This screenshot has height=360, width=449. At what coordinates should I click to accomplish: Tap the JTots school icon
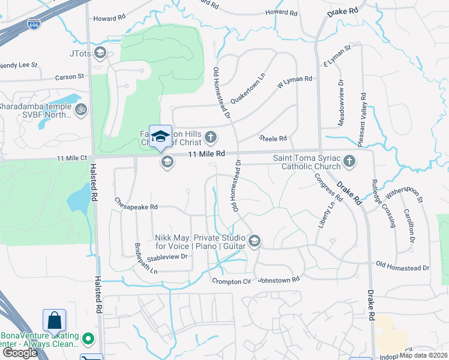pos(100,53)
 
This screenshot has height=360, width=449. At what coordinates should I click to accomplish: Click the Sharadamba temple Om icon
pos(80,110)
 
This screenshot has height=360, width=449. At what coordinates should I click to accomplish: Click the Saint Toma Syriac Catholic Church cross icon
pos(349,161)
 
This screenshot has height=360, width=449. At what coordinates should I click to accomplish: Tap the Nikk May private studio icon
pos(255,241)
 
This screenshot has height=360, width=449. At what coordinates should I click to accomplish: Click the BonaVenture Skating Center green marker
pos(88,340)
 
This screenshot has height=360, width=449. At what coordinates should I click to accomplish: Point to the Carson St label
pos(70,77)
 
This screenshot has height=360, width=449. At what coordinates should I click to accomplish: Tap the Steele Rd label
pos(273,139)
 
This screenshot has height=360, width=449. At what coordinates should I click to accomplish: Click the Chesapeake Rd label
pos(136,206)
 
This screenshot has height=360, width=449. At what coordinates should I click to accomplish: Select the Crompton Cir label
pos(231,281)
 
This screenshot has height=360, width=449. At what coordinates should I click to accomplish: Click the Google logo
pos(20,353)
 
